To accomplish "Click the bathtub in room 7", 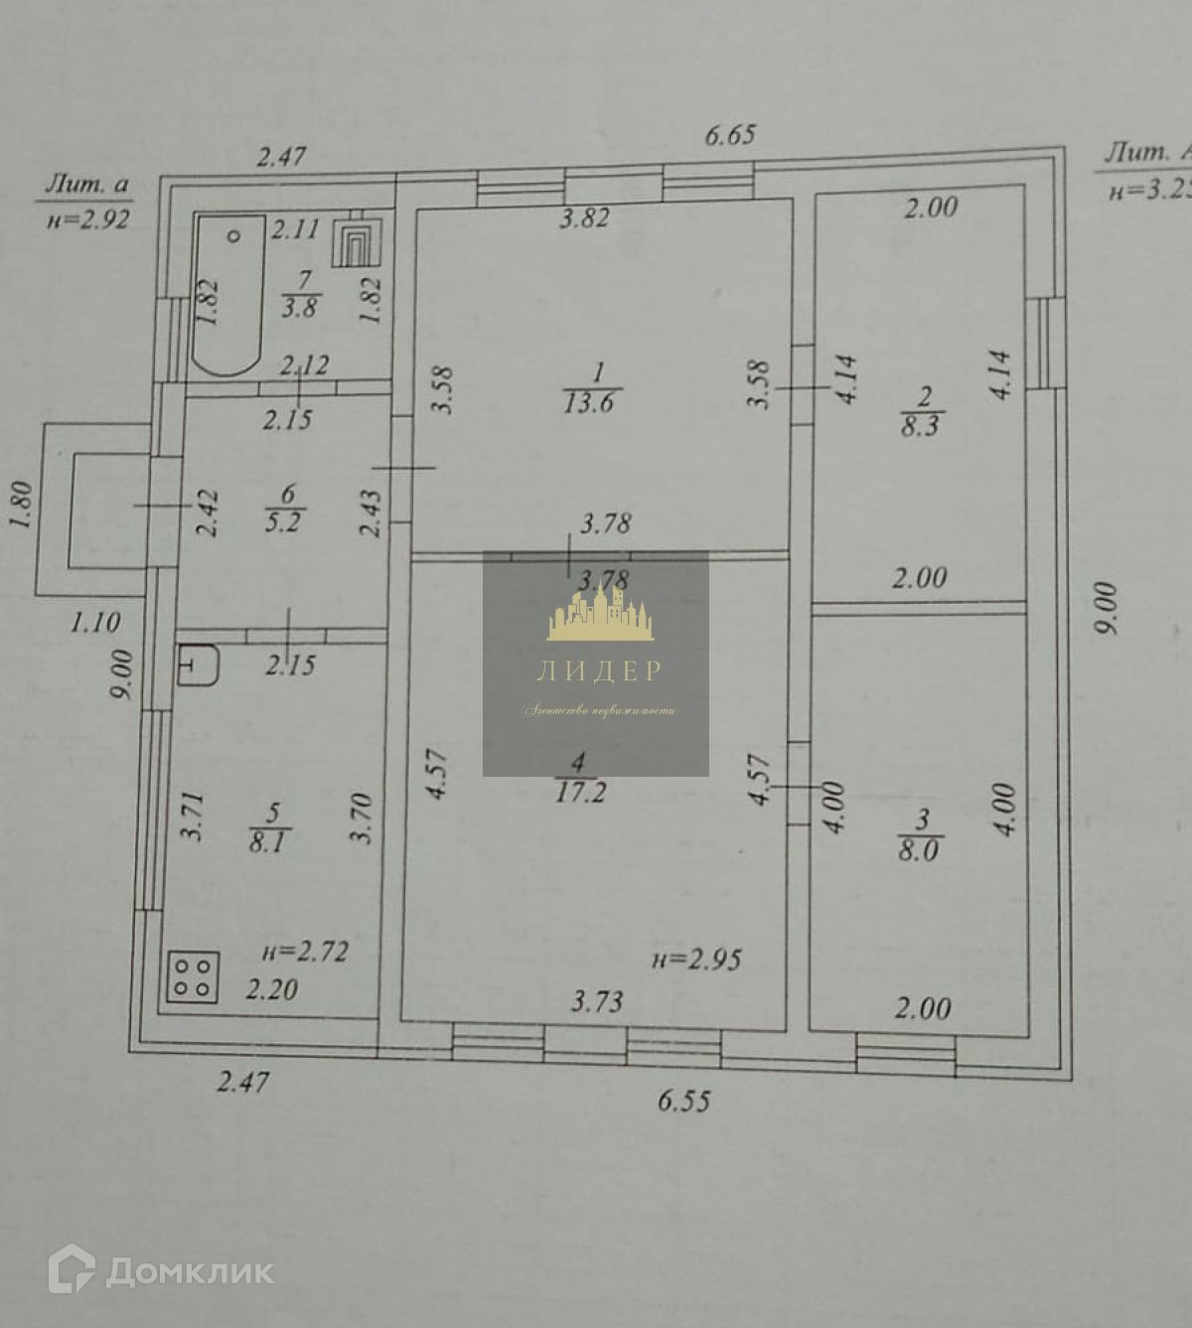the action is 229,295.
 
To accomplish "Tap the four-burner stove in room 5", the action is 193,976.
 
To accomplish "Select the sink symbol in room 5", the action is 198,664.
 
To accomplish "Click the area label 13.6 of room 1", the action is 589,402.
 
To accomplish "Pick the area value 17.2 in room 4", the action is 581,792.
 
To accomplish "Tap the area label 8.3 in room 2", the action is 921,425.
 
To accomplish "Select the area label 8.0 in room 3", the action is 919,850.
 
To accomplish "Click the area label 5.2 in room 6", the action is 283,521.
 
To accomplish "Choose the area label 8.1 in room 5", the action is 268,842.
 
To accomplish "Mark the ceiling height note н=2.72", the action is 305,952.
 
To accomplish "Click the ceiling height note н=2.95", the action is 696,959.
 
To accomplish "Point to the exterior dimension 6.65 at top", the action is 730,134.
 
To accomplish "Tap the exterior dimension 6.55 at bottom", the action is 684,1100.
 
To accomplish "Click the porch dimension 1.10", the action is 95,623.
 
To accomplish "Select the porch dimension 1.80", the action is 22,505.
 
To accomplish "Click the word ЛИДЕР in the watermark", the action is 598,671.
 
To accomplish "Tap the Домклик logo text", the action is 189,1271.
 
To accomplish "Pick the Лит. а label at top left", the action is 87,184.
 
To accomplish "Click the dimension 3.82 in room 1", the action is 584,218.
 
